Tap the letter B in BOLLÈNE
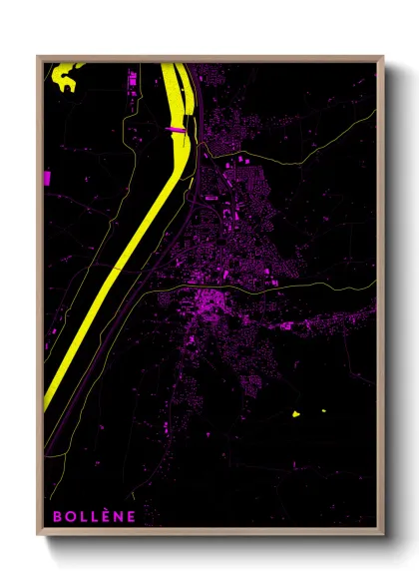pyautogui.click(x=57, y=516)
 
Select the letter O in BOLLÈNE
pyautogui.click(x=69, y=516)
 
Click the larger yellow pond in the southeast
pyautogui.click(x=295, y=413)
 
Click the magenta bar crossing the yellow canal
pyautogui.click(x=176, y=129)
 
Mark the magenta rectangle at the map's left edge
pyautogui.click(x=47, y=178)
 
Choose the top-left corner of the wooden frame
pyautogui.click(x=38, y=57)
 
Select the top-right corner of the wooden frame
pyautogui.click(x=383, y=57)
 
